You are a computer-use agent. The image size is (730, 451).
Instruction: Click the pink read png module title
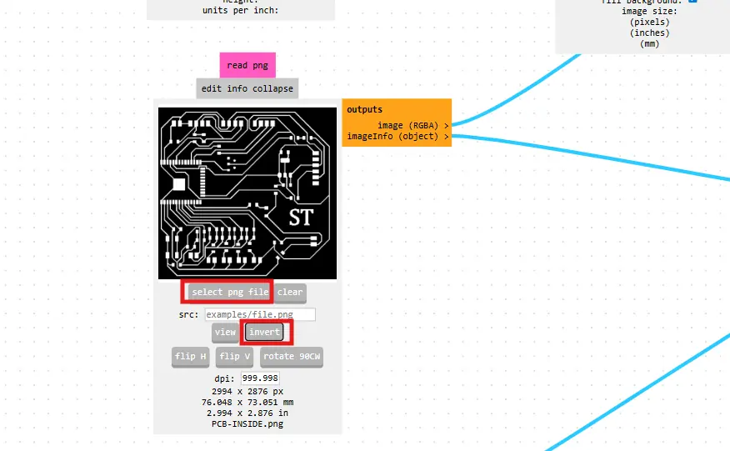point(247,65)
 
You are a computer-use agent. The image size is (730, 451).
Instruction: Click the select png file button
point(230,292)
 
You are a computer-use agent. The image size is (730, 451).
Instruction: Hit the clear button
point(290,292)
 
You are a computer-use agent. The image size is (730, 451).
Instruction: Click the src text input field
point(259,314)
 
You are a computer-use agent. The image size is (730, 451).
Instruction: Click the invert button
point(265,332)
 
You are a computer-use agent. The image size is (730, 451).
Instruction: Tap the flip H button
point(190,357)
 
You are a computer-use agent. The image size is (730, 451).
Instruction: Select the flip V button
point(235,357)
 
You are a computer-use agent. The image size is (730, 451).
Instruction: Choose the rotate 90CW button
point(292,357)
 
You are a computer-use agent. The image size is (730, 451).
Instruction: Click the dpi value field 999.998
point(259,378)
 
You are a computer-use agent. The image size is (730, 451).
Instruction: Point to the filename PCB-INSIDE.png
point(247,423)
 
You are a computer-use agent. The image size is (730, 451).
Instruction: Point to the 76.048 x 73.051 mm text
point(247,402)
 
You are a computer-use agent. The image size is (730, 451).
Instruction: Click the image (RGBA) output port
point(446,125)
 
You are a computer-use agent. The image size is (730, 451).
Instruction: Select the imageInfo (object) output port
point(446,136)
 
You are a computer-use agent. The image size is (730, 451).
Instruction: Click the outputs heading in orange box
point(365,109)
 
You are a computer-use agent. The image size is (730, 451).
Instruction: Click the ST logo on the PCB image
point(301,218)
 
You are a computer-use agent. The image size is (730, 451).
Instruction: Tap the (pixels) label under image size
point(650,23)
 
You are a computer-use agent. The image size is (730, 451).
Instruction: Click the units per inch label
point(240,11)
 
